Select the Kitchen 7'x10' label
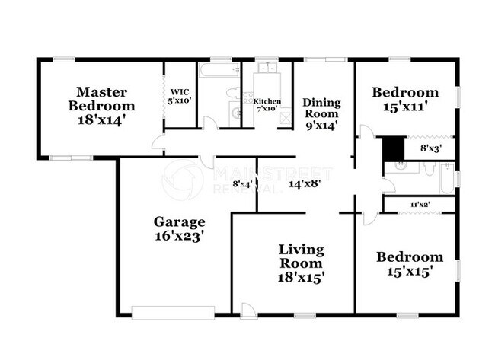point(267,104)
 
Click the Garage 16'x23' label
point(180,229)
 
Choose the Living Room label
point(301,263)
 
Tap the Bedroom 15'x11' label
point(405,100)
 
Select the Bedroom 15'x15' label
point(410,264)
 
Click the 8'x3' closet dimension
point(431,148)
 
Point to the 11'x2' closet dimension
point(420,205)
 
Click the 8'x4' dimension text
point(242,183)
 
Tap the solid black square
point(392,148)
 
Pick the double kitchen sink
point(267,70)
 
